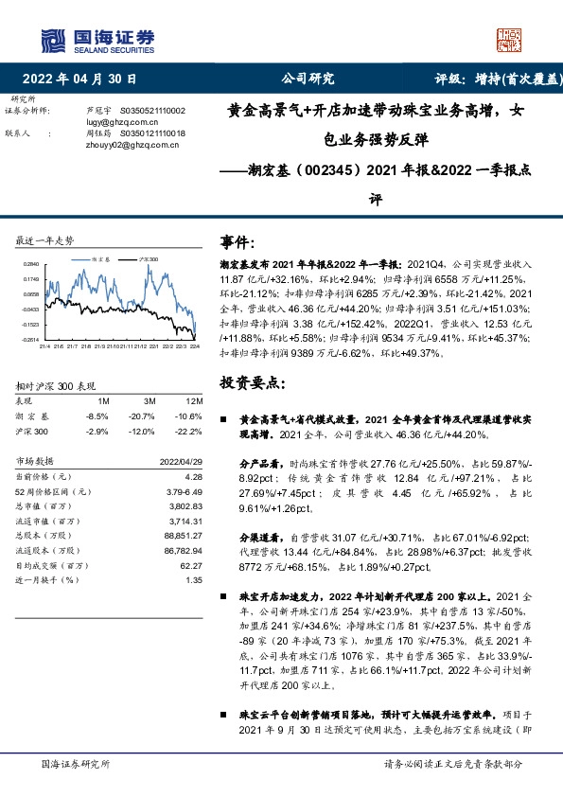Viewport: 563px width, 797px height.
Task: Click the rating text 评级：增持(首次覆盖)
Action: [x=499, y=80]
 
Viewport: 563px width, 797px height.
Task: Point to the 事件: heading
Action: [x=238, y=242]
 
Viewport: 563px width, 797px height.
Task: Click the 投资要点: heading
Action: [x=251, y=382]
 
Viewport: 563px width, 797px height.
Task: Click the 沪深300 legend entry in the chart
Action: [x=147, y=257]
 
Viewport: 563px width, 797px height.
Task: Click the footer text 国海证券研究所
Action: [x=77, y=764]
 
